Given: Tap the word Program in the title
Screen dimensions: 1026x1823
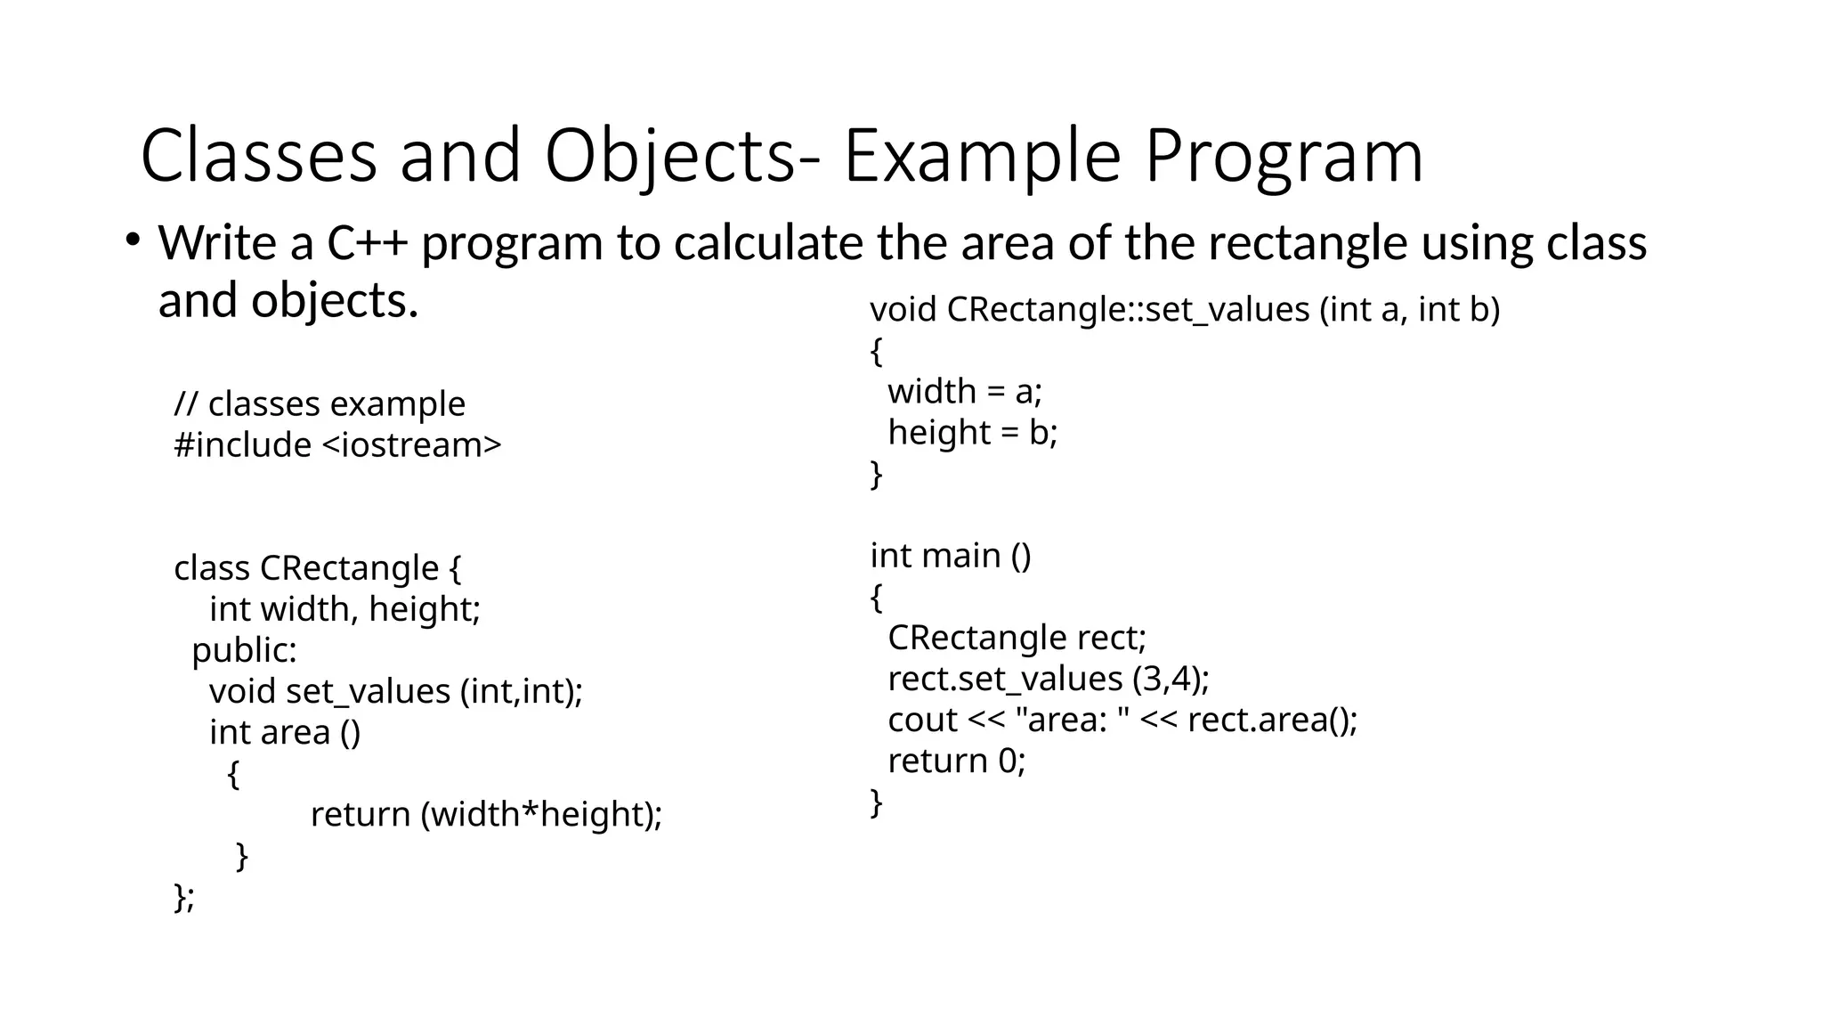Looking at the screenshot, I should [x=1284, y=157].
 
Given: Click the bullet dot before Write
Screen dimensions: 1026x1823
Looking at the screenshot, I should [x=133, y=240].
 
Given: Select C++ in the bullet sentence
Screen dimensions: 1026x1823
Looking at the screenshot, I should [x=367, y=243].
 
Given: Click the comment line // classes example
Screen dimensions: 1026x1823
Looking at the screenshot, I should [x=320, y=404].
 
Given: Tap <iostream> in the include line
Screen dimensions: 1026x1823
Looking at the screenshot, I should [x=410, y=445].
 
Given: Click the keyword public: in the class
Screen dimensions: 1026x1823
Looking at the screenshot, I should [x=244, y=650].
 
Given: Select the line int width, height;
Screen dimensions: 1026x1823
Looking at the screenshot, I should [x=344, y=609].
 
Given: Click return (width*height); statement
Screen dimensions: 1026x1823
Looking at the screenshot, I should [x=486, y=814].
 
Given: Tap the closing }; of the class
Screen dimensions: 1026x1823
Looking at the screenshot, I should [x=184, y=896].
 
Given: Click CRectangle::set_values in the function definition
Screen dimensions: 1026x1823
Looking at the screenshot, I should [x=1128, y=310].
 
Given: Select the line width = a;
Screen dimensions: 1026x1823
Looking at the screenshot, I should [x=965, y=392].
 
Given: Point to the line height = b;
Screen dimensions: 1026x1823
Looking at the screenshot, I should [x=972, y=433].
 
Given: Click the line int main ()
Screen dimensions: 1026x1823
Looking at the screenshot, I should [x=950, y=556].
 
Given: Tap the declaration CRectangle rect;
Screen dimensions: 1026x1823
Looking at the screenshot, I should [x=1017, y=638].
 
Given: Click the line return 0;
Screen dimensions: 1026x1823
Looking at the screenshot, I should [x=956, y=761].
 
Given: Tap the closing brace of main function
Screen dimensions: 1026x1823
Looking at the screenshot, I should [x=876, y=802].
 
